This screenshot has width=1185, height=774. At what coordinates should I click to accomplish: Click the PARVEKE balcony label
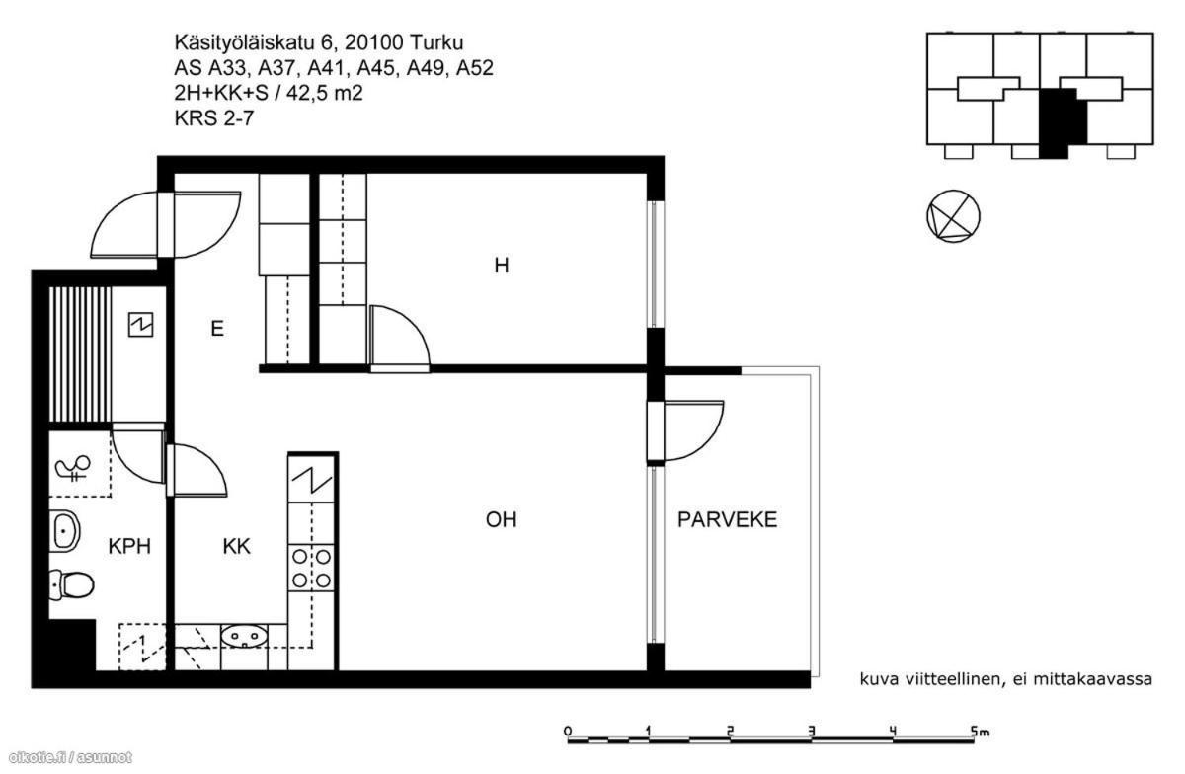727,519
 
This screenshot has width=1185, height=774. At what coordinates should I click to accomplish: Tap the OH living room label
501,519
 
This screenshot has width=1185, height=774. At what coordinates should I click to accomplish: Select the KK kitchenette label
236,547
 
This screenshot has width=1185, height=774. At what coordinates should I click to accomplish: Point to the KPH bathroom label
129,547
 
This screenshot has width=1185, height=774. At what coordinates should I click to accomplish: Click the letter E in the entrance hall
217,329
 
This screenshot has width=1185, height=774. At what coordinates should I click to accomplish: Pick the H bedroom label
501,265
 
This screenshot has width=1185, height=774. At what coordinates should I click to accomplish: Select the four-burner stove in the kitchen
312,569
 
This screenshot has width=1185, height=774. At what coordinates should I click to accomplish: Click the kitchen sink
244,636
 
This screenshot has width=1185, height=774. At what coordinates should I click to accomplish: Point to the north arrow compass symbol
953,216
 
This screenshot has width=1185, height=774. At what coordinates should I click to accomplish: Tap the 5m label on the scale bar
980,732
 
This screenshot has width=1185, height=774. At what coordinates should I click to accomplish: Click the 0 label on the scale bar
568,732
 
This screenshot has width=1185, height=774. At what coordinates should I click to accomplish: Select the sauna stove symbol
140,324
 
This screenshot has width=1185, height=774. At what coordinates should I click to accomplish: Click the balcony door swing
693,430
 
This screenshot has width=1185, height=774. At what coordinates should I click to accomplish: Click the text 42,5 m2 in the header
325,93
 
